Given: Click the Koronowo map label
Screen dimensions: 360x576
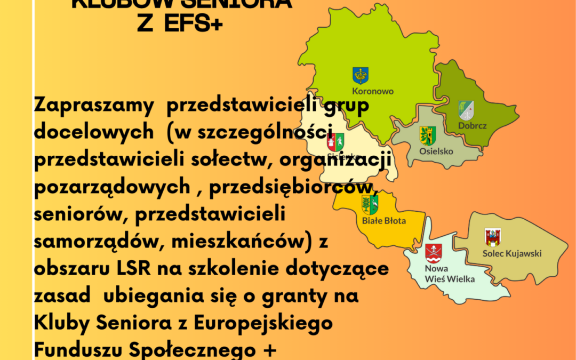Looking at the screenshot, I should (x=373, y=91).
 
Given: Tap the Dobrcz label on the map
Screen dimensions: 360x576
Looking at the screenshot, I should (x=473, y=126).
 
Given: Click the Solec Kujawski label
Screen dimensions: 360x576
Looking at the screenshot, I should (x=512, y=253).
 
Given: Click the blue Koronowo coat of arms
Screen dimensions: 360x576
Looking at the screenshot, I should (x=361, y=75).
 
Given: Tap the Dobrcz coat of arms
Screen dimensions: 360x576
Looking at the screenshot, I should (x=466, y=110).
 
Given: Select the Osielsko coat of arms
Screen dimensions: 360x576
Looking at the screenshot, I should (x=428, y=135).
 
